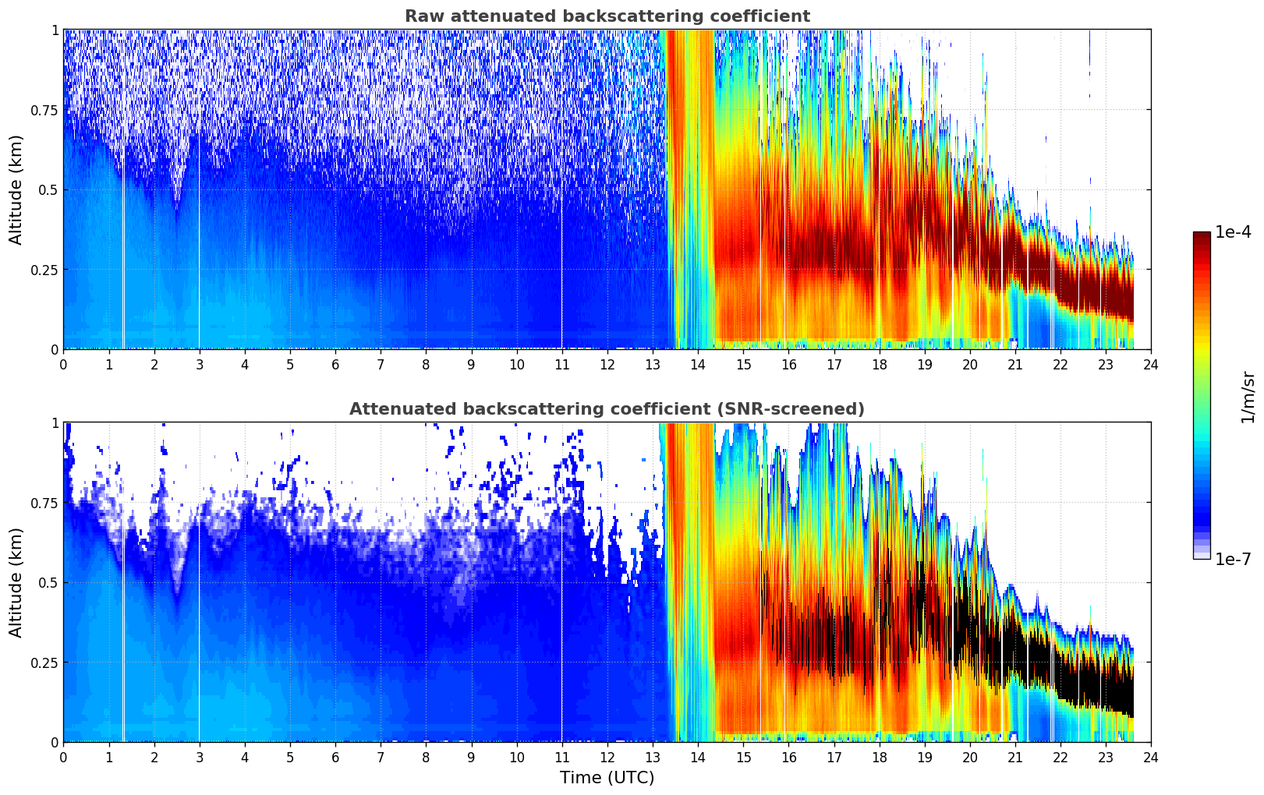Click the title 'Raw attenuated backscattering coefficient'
pyautogui.click(x=607, y=16)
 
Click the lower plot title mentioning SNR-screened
pyautogui.click(x=607, y=409)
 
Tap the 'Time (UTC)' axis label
pyautogui.click(x=607, y=778)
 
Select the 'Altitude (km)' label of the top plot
pyautogui.click(x=16, y=189)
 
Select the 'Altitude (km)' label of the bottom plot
pyautogui.click(x=16, y=582)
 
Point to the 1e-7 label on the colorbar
pyautogui.click(x=1233, y=559)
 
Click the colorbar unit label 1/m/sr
pyautogui.click(x=1248, y=397)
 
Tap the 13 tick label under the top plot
pyautogui.click(x=652, y=365)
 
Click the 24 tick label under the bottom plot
pyautogui.click(x=1150, y=758)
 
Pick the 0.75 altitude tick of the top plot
pyautogui.click(x=44, y=110)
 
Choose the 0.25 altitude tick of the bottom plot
pyautogui.click(x=44, y=662)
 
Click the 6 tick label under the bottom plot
pyautogui.click(x=335, y=758)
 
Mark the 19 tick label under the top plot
pyautogui.click(x=924, y=365)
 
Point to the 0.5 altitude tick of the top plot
pyautogui.click(x=48, y=190)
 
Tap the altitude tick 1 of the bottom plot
pyautogui.click(x=55, y=422)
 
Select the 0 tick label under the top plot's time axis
pyautogui.click(x=63, y=365)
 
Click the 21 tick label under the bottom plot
pyautogui.click(x=1014, y=758)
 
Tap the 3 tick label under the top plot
pyautogui.click(x=200, y=365)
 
